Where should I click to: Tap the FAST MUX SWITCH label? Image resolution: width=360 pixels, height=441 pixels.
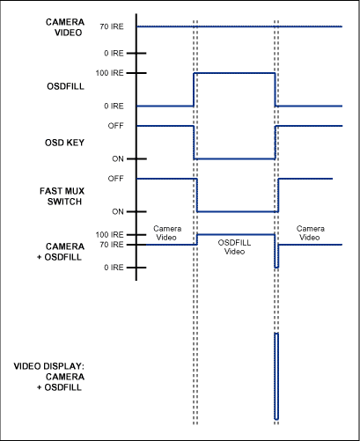click(x=41, y=195)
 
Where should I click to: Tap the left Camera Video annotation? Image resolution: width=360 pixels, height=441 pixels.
click(x=167, y=232)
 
